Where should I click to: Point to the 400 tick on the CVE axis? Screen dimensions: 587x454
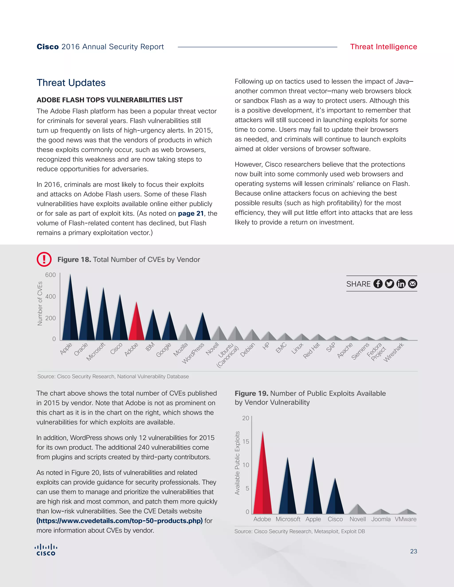coord(51,296)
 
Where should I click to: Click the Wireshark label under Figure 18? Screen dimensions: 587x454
coord(393,352)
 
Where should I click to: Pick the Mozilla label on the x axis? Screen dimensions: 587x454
coord(180,349)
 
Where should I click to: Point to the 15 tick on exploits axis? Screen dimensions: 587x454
coord(246,442)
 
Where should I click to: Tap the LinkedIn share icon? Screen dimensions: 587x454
coord(401,284)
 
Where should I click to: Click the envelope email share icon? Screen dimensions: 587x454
coord(413,284)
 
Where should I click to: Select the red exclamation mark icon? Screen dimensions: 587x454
coord(44,259)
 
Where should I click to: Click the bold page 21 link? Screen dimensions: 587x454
coord(191,213)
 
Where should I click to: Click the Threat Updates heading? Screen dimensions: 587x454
coord(71,83)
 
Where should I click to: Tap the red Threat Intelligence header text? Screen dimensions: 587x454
coord(383,47)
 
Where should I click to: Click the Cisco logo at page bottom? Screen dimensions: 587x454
coord(46,550)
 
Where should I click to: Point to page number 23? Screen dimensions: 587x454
coord(413,551)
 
